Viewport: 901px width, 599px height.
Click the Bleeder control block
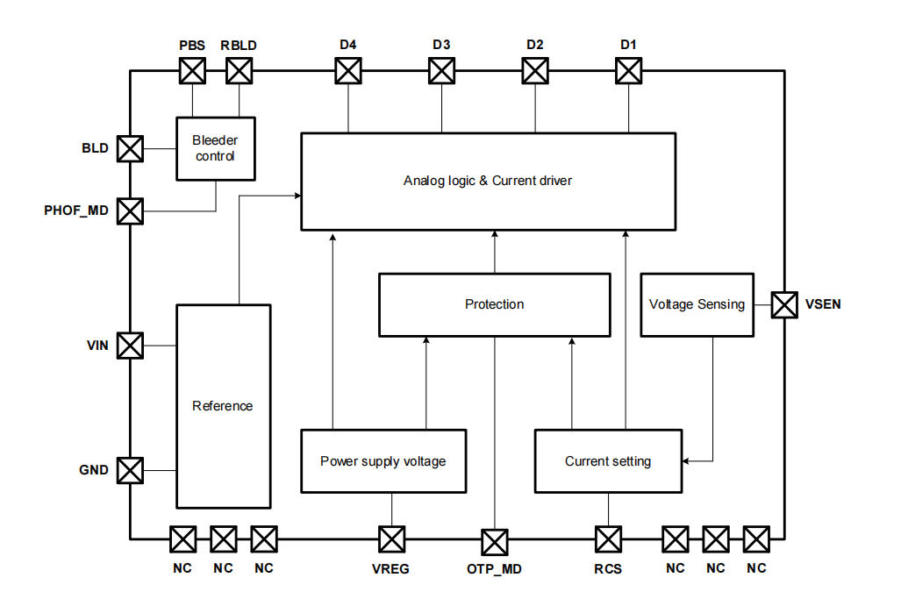point(215,148)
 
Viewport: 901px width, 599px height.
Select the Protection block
point(494,304)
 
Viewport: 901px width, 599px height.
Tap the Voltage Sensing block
point(697,304)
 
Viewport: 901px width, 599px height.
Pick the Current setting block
point(607,461)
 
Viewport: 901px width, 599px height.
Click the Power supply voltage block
point(383,461)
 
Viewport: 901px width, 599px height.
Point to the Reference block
point(223,406)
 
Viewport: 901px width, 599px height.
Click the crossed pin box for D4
point(348,70)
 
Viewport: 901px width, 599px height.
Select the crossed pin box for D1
point(628,70)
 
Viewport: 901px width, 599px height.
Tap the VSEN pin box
point(783,304)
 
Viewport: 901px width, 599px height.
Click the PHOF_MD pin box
point(130,210)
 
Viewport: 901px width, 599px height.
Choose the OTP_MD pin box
point(495,542)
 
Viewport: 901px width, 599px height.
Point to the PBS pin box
point(192,70)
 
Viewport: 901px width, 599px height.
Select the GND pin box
point(130,470)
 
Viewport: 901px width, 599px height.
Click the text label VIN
point(97,346)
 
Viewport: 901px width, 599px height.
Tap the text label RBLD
point(239,45)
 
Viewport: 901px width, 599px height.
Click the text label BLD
point(96,148)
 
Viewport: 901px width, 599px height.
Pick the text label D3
point(441,45)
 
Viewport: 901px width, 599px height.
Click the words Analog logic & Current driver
point(488,181)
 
